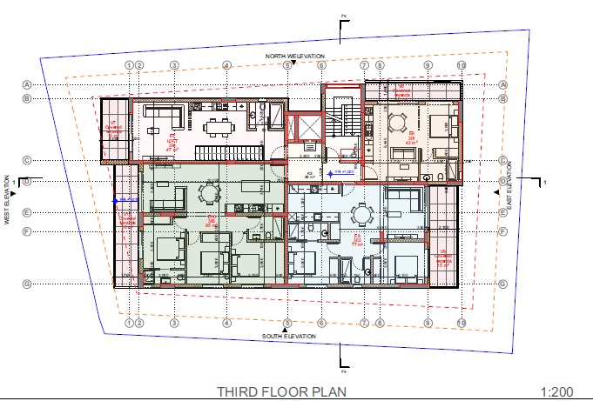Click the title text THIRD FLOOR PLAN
pos(281,391)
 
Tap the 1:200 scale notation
pos(558,391)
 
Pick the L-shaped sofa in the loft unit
pos(162,115)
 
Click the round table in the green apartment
pos(209,193)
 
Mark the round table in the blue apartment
pos(361,213)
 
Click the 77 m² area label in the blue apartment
pos(357,243)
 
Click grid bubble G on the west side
pos(27,284)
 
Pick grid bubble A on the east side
pos(503,84)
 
